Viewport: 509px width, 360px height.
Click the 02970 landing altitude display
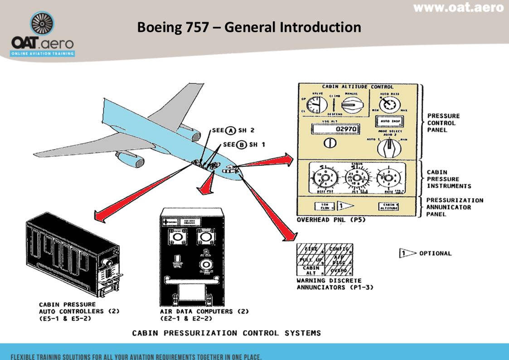pos(335,129)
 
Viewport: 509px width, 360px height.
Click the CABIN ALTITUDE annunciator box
pos(389,206)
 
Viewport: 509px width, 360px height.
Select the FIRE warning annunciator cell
pos(311,249)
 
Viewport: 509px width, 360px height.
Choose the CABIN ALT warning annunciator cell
pos(311,270)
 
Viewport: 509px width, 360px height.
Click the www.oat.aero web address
pos(458,8)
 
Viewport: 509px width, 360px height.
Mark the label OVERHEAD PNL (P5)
pos(325,220)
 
